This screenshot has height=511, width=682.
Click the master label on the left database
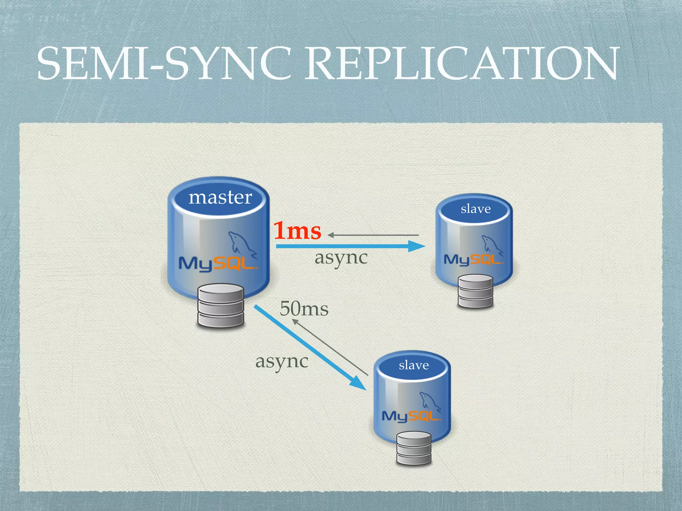point(220,197)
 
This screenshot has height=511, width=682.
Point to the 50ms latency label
point(304,309)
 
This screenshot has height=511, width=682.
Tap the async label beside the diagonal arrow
point(282,362)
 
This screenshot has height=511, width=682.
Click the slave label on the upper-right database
point(476,209)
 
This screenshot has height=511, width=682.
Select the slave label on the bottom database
point(414,365)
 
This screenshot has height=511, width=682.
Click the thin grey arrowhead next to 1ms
point(331,235)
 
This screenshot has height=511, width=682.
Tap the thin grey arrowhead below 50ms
point(295,322)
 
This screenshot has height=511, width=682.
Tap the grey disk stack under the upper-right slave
point(475,291)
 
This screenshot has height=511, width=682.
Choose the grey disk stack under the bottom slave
point(414,448)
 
